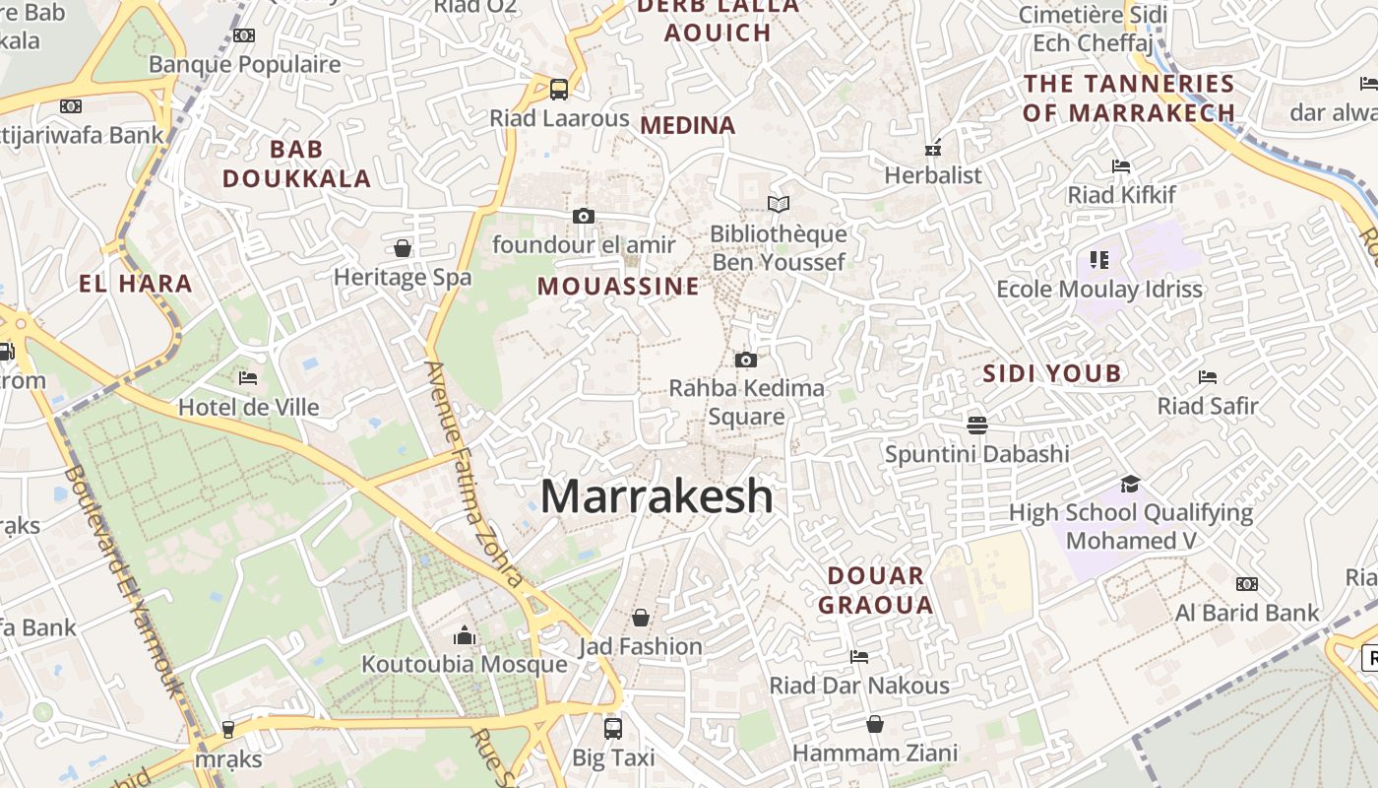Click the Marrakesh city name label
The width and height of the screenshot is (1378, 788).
pos(657,495)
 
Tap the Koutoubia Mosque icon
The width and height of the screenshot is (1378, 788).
pos(465,636)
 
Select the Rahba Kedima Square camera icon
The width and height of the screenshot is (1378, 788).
pos(746,360)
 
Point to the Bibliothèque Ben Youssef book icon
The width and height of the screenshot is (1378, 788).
pos(779,205)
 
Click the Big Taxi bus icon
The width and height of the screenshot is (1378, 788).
pos(612,729)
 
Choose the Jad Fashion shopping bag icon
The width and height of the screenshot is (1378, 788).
pos(641,618)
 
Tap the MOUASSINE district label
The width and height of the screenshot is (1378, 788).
pos(618,287)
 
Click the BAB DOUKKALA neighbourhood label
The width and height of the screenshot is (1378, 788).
pos(296,164)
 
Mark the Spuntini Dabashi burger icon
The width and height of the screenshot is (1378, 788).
pos(976,425)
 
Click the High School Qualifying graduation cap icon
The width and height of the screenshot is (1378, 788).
pos(1130,484)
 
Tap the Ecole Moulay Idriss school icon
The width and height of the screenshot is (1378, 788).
pos(1099,260)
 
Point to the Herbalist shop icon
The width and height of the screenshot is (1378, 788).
pos(933,148)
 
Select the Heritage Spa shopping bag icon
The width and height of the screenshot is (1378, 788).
pos(402,247)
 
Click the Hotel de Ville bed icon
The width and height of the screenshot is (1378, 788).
pos(248,378)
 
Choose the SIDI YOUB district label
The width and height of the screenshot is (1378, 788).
pos(1052,373)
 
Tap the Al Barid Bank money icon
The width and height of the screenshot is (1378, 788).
pos(1246,584)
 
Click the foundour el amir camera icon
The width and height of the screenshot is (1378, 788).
pos(584,216)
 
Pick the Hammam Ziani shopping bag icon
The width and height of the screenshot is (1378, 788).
pos(874,725)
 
